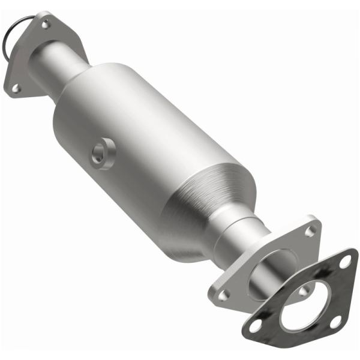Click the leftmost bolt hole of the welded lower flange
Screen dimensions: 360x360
(x=223, y=295)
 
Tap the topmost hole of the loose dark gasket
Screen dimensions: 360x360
(x=344, y=262)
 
